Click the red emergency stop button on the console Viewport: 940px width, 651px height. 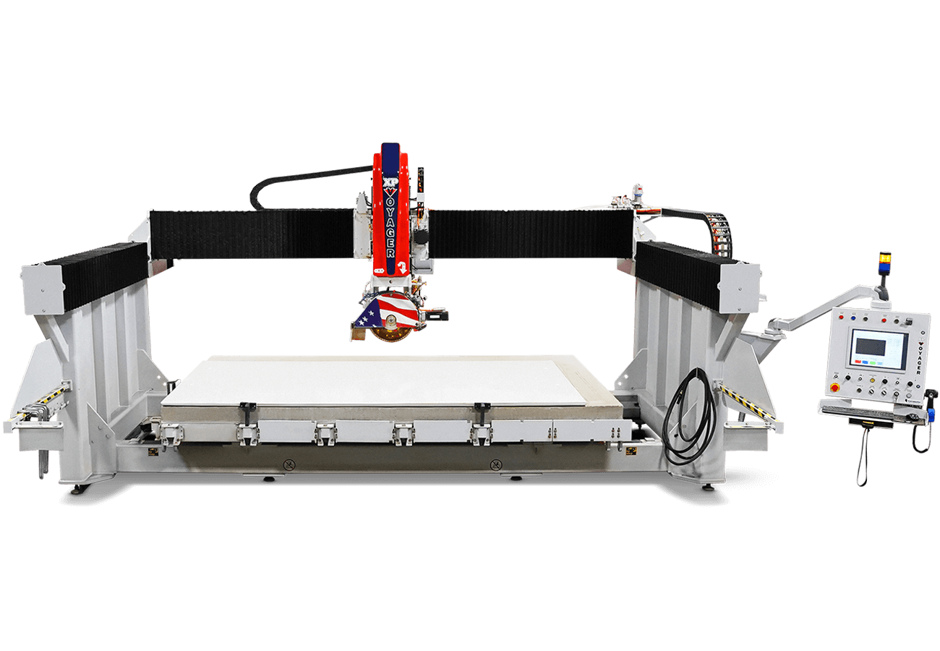(836, 387)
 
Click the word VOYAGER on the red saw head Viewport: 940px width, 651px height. (390, 224)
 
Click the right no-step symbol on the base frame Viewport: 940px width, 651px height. (495, 464)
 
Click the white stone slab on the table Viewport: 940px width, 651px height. (376, 380)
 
